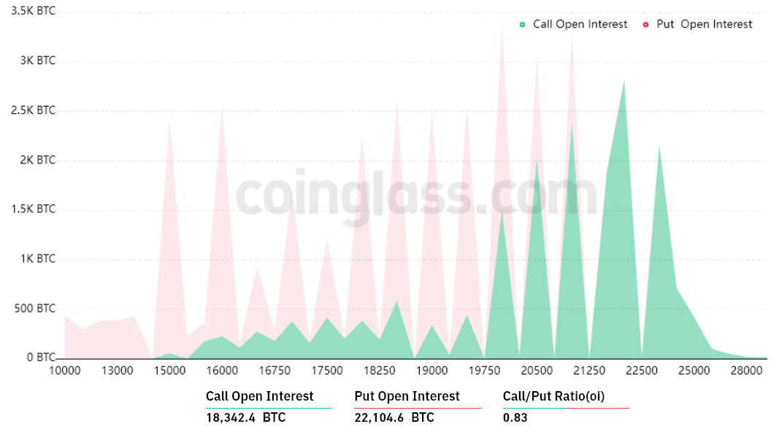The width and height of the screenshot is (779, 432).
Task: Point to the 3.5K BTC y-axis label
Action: coord(34,12)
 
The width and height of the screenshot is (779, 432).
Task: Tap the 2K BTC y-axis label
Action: coord(37,161)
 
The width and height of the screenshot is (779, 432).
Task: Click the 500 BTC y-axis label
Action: coord(36,309)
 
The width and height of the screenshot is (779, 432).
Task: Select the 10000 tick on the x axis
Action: coord(65,370)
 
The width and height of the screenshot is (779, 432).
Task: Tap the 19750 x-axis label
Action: coord(484,370)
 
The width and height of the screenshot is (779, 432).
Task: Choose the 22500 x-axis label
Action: coord(642,370)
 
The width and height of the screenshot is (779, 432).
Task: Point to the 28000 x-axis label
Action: coord(746,370)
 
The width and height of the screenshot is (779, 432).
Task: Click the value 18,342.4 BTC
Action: coord(246,418)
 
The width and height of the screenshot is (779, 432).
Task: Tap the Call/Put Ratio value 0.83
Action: coord(515,418)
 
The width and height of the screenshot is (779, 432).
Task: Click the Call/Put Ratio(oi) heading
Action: coord(554,396)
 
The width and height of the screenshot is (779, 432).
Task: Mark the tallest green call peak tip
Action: coord(624,80)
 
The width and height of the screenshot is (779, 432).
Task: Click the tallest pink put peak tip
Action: coord(502,23)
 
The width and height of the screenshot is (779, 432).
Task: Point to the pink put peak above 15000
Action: coord(170,117)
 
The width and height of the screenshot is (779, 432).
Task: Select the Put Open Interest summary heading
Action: coord(407,396)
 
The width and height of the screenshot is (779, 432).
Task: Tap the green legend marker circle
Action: coord(522,24)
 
